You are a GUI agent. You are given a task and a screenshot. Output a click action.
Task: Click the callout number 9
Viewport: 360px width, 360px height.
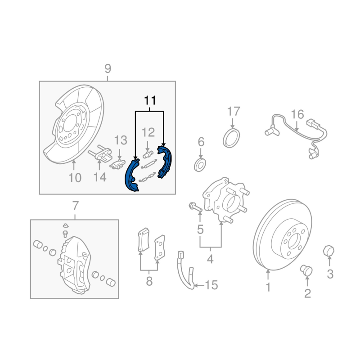108,68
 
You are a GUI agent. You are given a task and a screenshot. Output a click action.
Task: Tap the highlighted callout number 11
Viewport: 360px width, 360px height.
150,100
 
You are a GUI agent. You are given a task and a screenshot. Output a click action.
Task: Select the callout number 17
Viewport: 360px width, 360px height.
234,111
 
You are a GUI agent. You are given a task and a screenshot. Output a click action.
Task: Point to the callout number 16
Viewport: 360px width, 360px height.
297,114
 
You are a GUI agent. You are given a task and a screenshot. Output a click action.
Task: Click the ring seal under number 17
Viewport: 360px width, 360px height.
231,138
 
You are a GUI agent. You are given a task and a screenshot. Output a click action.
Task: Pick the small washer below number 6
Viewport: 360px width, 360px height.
200,164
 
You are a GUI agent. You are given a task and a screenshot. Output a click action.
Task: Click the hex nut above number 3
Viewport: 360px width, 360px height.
328,251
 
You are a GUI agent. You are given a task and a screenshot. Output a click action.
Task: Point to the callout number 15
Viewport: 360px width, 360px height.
211,285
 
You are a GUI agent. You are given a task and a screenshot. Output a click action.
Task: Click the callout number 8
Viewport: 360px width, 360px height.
149,281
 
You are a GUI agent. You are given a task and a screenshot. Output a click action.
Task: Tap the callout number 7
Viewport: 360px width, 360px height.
76,206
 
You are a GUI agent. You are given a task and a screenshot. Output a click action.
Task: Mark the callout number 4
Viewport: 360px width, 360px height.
210,259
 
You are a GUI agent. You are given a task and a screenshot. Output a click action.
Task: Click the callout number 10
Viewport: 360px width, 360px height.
75,178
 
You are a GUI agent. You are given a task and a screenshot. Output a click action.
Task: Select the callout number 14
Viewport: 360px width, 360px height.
100,177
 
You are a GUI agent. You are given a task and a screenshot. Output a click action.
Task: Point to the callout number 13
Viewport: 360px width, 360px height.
121,140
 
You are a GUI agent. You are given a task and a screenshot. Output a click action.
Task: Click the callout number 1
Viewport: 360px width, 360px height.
268,287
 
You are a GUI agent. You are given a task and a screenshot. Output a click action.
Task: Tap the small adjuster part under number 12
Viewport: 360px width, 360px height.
148,154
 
